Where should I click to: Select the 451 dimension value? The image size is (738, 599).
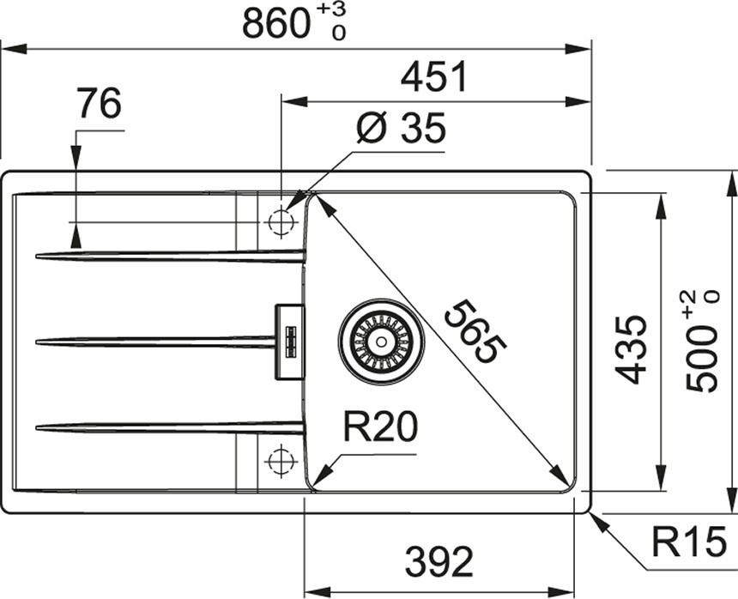tap(433, 76)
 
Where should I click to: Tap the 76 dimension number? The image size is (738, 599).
tap(100, 103)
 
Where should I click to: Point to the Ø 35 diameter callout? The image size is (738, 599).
tap(401, 128)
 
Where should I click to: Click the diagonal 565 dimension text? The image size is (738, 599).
tap(475, 332)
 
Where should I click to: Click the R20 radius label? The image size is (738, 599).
tap(380, 427)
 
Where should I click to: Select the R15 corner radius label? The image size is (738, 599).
tap(688, 542)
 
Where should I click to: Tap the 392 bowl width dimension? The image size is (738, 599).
tap(439, 562)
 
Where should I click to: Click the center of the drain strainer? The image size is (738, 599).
tap(381, 341)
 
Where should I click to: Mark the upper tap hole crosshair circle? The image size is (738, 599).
tap(281, 221)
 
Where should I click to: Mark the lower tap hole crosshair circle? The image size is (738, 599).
tap(281, 461)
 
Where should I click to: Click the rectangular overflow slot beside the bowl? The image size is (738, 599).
tap(289, 342)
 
